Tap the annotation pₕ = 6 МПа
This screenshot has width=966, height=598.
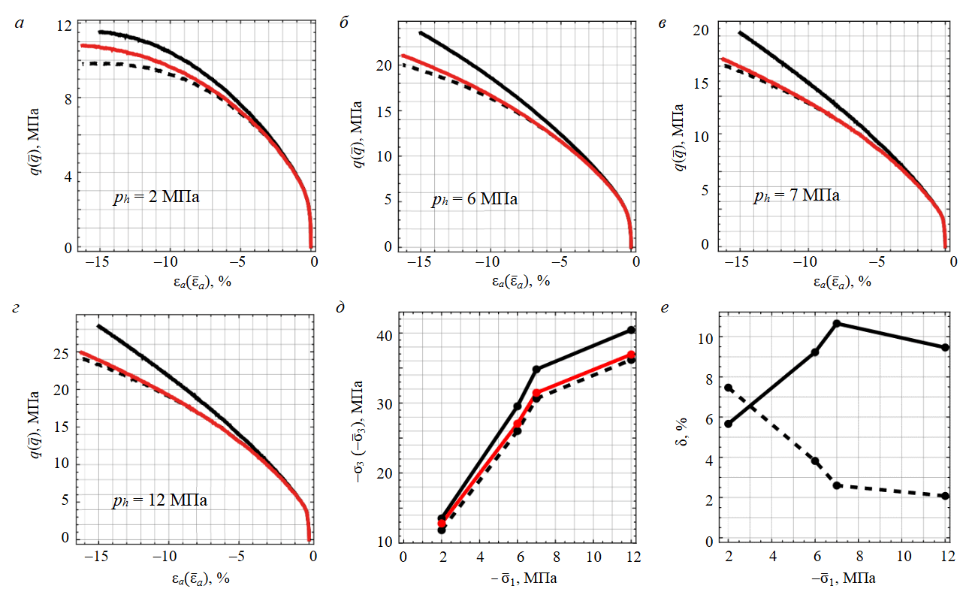[x=475, y=199]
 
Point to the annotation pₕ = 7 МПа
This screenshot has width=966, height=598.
[x=797, y=196]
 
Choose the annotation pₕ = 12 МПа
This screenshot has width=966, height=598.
[x=158, y=500]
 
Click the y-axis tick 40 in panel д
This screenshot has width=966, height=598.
[x=385, y=334]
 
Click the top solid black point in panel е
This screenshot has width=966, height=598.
[x=837, y=324]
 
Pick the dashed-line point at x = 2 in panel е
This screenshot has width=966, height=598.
[x=729, y=388]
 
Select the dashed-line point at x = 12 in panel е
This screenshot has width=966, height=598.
[x=945, y=496]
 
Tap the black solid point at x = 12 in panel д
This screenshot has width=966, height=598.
[x=632, y=331]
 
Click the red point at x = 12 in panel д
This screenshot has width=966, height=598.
[x=632, y=355]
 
